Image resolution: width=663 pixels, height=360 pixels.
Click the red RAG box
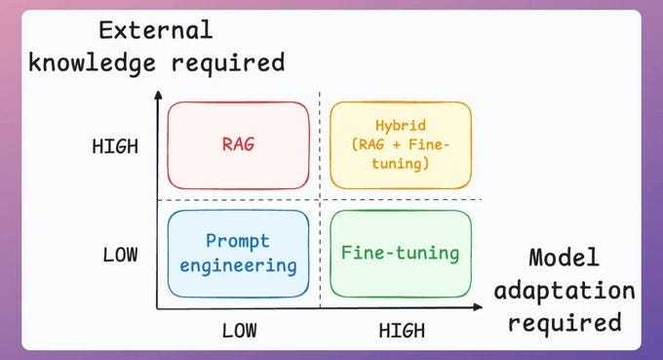[x=238, y=145]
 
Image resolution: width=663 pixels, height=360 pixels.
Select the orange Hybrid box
[x=400, y=145]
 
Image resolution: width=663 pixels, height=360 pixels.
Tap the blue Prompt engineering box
[x=238, y=253]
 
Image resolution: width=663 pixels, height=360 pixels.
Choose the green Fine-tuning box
[x=400, y=253]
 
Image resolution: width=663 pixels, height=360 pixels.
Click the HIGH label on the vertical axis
[x=115, y=146]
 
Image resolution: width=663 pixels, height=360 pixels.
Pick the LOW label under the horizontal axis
[x=239, y=330]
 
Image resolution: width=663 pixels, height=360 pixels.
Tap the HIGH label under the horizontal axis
[x=402, y=330]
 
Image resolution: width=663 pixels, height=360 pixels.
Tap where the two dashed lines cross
[x=320, y=200]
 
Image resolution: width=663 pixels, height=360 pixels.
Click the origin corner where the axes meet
[x=158, y=308]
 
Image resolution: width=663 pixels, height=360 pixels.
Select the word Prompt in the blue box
[x=237, y=241]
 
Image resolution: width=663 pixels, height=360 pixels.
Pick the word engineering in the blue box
[x=237, y=265]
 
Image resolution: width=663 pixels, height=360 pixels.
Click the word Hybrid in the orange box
[x=400, y=125]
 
